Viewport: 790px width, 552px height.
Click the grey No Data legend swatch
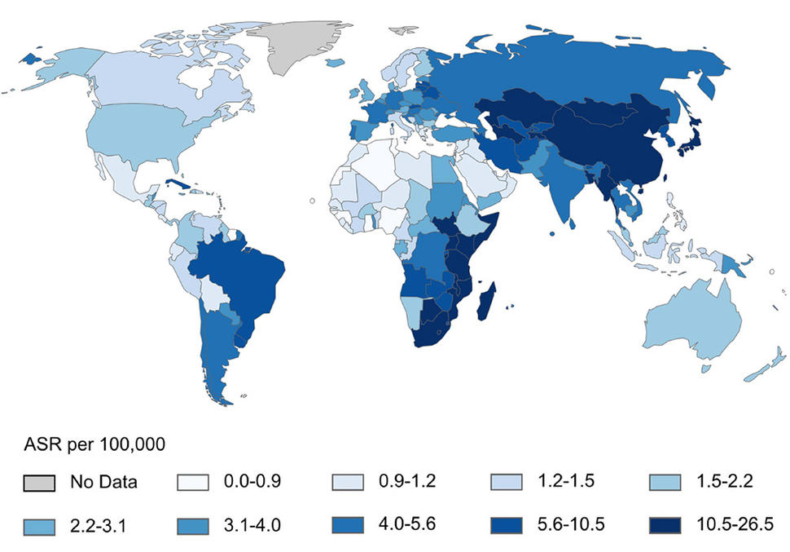(x=39, y=482)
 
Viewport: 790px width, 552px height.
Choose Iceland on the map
(x=333, y=63)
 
